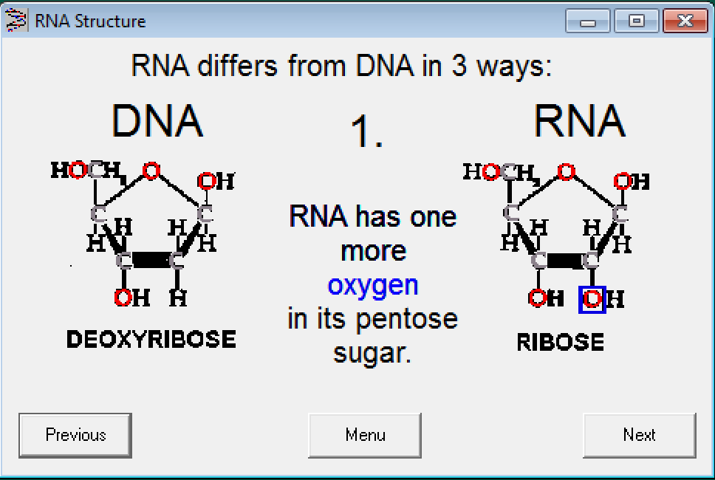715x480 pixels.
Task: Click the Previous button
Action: tap(75, 435)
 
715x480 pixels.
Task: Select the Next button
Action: tap(639, 435)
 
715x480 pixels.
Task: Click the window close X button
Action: tap(685, 21)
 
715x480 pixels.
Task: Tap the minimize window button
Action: tap(588, 21)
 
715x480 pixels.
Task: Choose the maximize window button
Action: tap(636, 21)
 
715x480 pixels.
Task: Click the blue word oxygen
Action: tap(373, 285)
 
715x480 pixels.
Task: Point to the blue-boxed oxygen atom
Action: tap(592, 299)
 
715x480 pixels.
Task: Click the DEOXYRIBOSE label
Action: tap(151, 339)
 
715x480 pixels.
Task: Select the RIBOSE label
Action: tap(560, 343)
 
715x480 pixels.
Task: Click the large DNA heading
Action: tap(157, 121)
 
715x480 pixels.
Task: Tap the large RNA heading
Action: tap(579, 121)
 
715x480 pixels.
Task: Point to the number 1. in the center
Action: tap(366, 132)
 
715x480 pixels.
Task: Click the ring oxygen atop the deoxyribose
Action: tap(151, 171)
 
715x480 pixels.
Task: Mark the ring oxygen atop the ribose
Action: tap(566, 172)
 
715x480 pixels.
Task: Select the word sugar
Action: tap(372, 353)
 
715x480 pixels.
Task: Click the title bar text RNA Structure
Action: tap(90, 21)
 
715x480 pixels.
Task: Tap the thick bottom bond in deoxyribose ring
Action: tap(151, 260)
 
